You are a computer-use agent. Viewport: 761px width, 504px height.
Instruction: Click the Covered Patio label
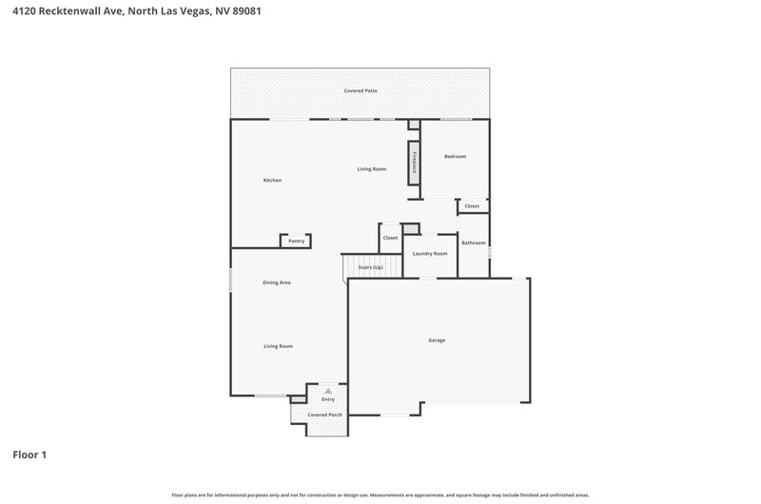(x=361, y=90)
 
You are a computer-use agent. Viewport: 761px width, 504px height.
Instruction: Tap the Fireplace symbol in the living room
(x=414, y=163)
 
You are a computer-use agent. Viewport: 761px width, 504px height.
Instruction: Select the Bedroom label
(x=456, y=156)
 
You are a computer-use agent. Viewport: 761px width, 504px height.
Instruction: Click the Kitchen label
(x=272, y=180)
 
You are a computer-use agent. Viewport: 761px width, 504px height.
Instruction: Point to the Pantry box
(x=296, y=241)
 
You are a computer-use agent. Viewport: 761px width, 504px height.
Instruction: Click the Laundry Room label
(x=430, y=254)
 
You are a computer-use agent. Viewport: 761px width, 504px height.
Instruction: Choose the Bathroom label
(x=473, y=242)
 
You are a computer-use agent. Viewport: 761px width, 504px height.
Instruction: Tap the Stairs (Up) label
(x=371, y=267)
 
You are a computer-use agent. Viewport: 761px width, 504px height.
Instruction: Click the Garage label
(x=437, y=340)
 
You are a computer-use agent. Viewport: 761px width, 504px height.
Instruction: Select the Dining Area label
(x=277, y=282)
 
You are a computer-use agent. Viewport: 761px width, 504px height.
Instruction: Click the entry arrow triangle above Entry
(x=328, y=391)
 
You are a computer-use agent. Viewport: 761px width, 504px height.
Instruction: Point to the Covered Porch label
(x=325, y=415)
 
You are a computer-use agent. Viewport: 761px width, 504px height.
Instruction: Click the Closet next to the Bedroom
(x=472, y=205)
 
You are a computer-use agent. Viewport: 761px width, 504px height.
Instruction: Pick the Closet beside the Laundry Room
(x=390, y=238)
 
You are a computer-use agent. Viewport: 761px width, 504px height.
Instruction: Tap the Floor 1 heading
(x=29, y=455)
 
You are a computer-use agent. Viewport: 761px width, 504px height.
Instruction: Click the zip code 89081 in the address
(x=246, y=10)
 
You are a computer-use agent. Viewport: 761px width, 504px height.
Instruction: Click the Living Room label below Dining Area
(x=278, y=346)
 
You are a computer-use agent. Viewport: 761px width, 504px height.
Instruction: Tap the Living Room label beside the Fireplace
(x=372, y=169)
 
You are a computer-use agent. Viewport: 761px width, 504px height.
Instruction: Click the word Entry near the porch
(x=328, y=399)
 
